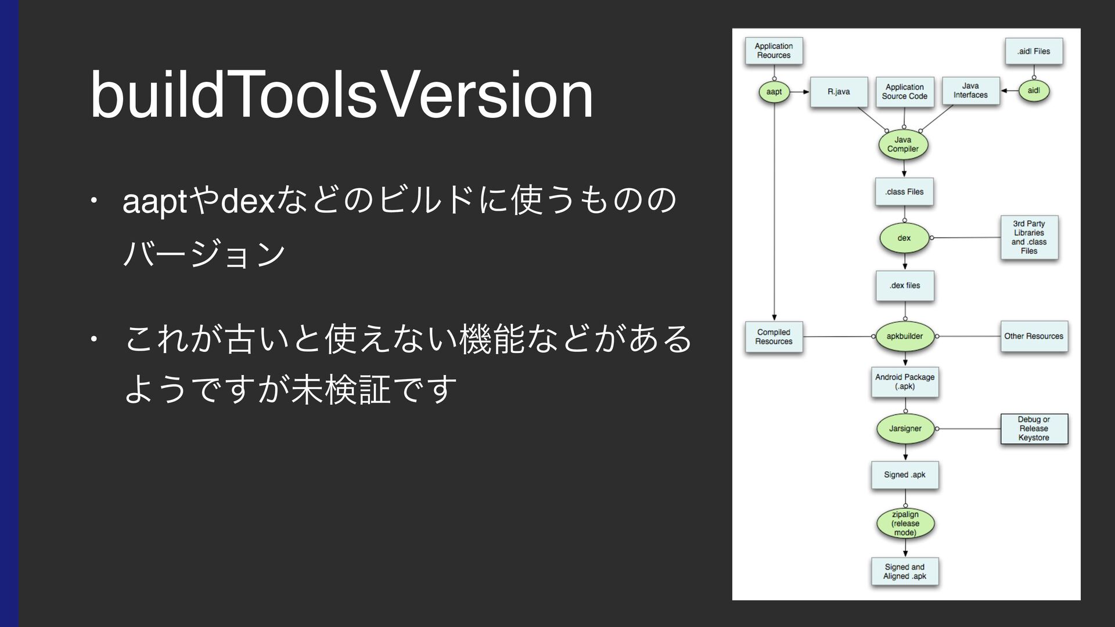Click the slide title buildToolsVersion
pos(341,95)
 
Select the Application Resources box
pos(774,51)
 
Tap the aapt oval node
pos(774,92)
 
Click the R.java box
pos(839,92)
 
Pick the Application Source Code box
pos(904,92)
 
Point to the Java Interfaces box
pos(970,91)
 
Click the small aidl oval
pos(1034,91)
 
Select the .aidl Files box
pos(1034,51)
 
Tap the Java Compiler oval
pos(903,145)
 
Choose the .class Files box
pos(904,192)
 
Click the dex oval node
pos(904,238)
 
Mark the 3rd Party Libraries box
pos(1029,237)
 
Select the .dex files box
pos(905,286)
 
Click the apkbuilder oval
pos(905,336)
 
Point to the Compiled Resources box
pos(774,337)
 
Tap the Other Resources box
pos(1034,336)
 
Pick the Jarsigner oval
pos(905,428)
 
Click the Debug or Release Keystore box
pos(1034,428)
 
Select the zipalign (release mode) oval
pos(905,524)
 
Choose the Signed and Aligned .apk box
pos(905,571)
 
